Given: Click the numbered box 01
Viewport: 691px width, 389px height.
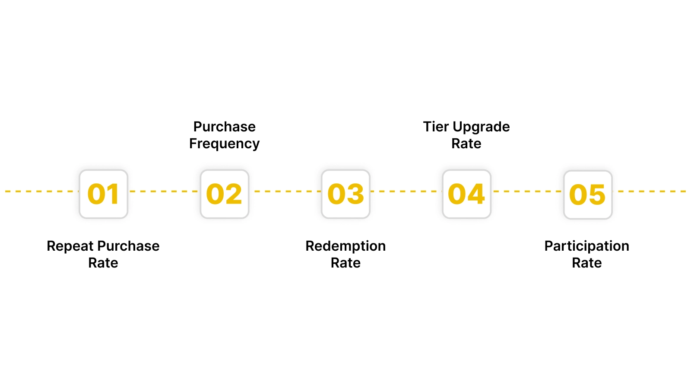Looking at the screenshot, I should (x=104, y=194).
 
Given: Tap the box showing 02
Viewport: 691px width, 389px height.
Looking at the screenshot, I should (x=225, y=194).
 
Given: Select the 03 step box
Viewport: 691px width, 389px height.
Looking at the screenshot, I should (x=345, y=194).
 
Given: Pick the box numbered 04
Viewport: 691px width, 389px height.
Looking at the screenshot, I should (x=466, y=194).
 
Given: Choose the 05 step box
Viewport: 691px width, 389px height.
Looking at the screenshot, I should (x=588, y=194).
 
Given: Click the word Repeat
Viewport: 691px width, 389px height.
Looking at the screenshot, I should (x=70, y=246).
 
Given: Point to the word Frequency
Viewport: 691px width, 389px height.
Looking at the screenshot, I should (x=225, y=143).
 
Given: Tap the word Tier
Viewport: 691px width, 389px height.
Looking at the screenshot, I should (x=436, y=127).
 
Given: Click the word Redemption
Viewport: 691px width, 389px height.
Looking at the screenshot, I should (x=345, y=246).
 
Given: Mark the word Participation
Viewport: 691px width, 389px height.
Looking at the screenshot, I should (x=586, y=246).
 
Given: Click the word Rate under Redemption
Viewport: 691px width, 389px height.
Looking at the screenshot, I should (x=345, y=263).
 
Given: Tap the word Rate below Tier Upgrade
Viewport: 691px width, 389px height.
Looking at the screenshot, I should (x=466, y=143).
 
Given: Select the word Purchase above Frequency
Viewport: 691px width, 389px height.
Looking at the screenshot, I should (x=225, y=127).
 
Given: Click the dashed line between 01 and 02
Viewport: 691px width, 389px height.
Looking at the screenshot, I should (x=164, y=191).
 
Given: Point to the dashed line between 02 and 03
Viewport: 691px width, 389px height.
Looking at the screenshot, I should (x=285, y=191).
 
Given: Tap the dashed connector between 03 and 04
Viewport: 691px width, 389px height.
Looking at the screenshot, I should (x=406, y=191).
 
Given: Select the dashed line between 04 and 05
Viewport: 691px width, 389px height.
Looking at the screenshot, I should (x=527, y=191).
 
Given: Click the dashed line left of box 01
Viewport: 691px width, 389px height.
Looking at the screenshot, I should (x=41, y=191).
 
